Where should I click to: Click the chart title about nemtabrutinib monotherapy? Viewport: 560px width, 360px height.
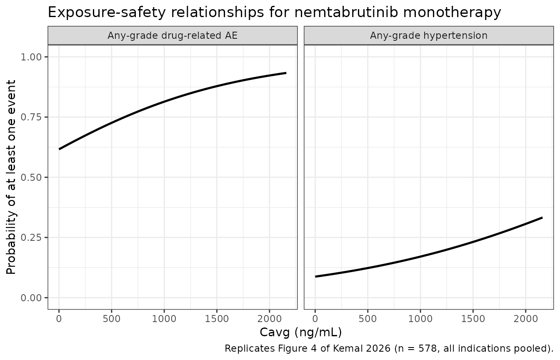274,12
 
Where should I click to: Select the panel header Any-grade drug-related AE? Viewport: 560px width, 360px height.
172,35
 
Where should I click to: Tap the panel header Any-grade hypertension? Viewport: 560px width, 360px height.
429,35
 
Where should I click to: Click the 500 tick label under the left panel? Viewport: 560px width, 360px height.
112,319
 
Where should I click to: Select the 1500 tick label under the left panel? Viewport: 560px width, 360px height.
217,319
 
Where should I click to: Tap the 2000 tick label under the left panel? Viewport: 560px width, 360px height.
270,319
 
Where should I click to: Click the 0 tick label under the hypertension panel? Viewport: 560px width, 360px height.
315,319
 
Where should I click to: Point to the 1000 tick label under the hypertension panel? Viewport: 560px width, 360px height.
420,319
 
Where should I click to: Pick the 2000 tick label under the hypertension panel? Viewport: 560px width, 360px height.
525,319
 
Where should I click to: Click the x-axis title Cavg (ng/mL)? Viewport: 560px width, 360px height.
301,333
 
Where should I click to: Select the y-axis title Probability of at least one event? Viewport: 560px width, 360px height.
11,177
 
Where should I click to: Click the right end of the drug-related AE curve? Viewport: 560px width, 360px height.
286,73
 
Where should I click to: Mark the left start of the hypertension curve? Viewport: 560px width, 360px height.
315,277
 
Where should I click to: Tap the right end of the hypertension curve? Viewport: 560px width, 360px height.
542,218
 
